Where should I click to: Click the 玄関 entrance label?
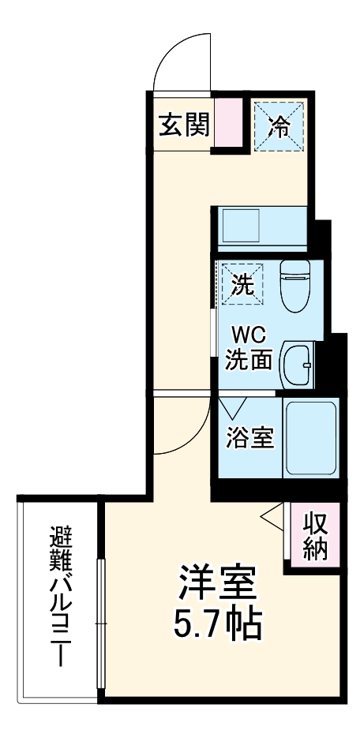[183, 125]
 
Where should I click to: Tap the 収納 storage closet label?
[315, 535]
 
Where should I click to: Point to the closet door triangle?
[272, 519]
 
